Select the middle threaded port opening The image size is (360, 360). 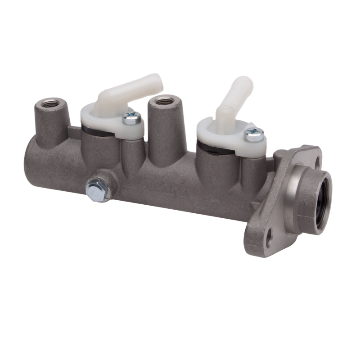pos(164,100)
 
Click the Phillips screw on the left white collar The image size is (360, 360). pos(131,118)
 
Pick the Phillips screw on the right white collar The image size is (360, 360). pos(254,134)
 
